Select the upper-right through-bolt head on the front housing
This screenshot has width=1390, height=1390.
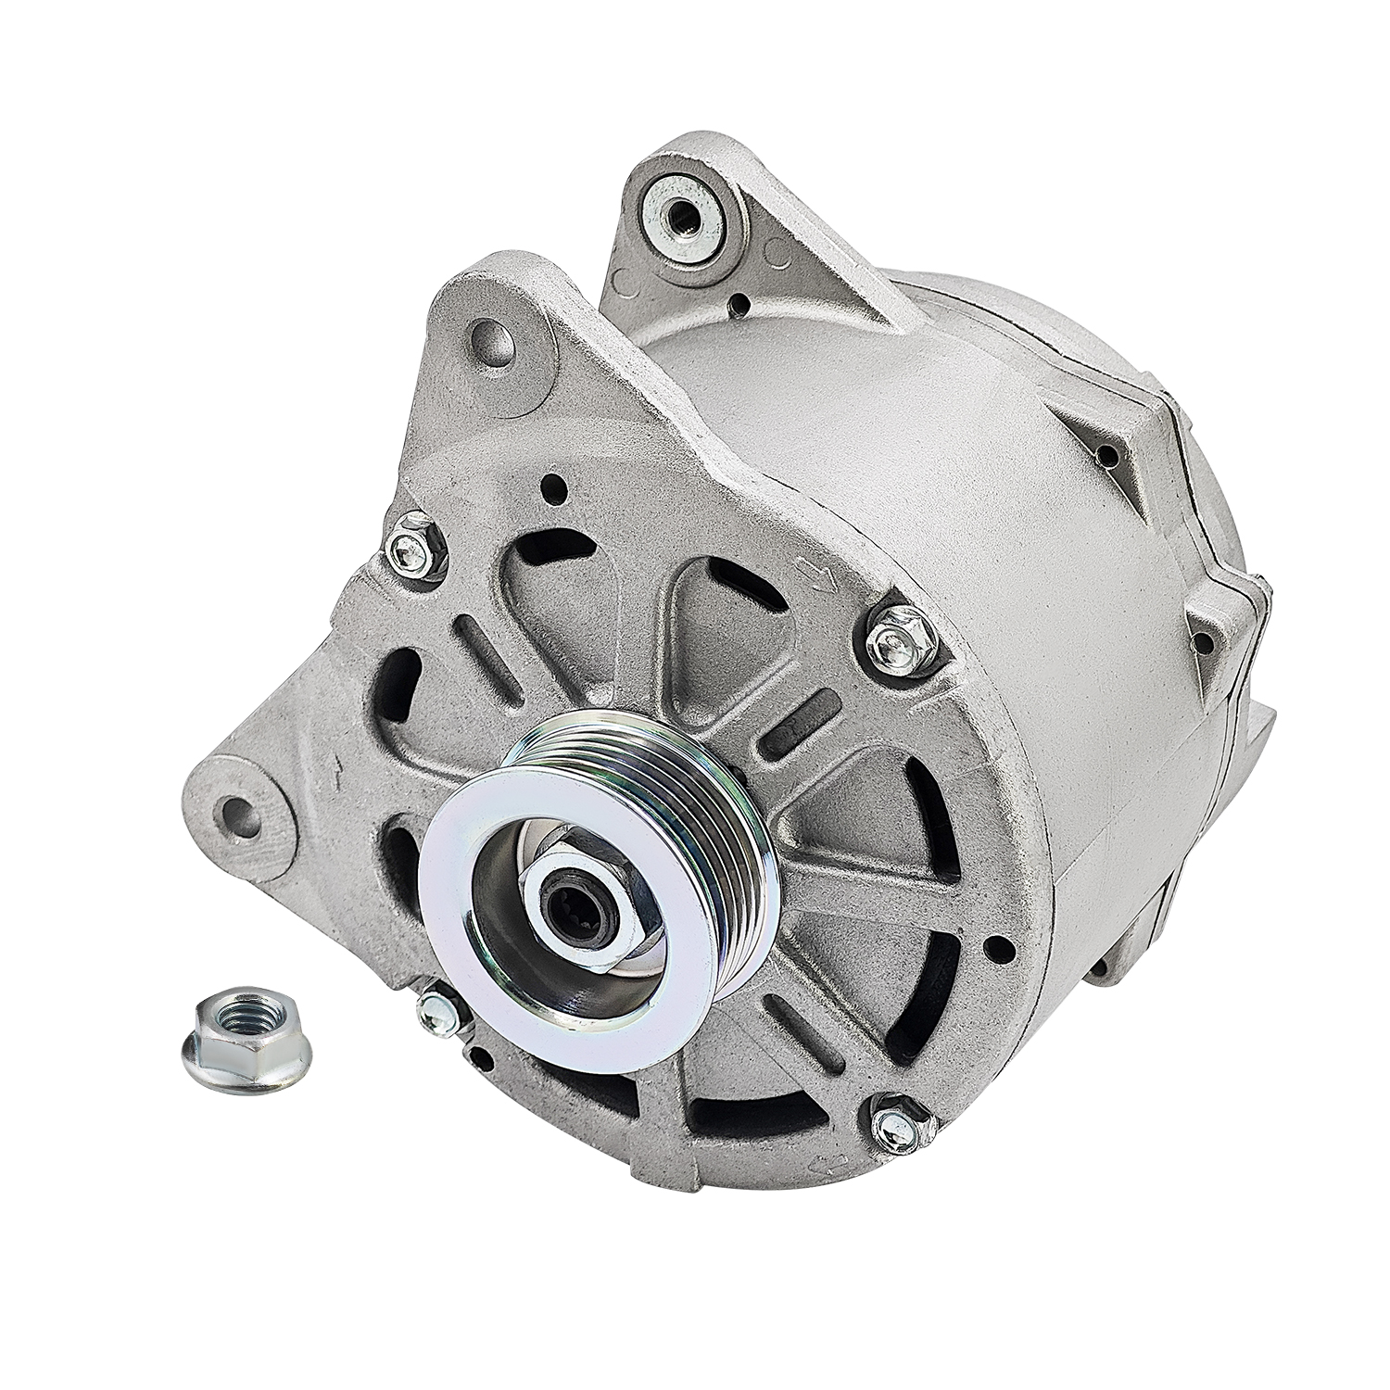coord(896,636)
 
